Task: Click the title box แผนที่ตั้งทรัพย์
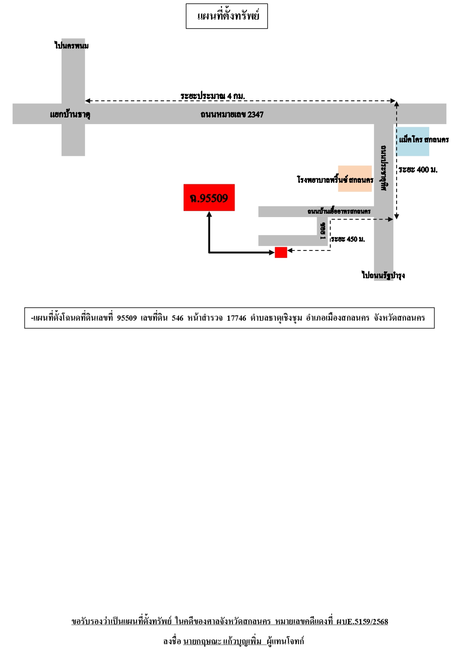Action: coord(227,16)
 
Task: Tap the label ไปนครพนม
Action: coord(72,46)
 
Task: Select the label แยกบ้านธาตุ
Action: coord(70,115)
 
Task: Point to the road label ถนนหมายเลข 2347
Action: coord(232,115)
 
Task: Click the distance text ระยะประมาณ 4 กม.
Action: coord(213,96)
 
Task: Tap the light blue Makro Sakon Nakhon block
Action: coord(412,142)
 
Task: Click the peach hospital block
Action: coord(355,178)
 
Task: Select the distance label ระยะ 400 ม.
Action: coord(418,170)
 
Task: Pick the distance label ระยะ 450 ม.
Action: coord(348,239)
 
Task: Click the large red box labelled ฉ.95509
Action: coord(209,197)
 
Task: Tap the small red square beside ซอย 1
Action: coord(281,253)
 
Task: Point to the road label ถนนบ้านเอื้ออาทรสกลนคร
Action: coord(339,211)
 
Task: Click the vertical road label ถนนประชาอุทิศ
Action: coord(384,168)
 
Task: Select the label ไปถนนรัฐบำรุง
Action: coord(383,275)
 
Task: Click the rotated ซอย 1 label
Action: coord(323,231)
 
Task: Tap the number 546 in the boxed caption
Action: coord(177,318)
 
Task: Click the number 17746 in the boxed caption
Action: coord(237,318)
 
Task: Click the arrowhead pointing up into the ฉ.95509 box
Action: coord(209,214)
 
